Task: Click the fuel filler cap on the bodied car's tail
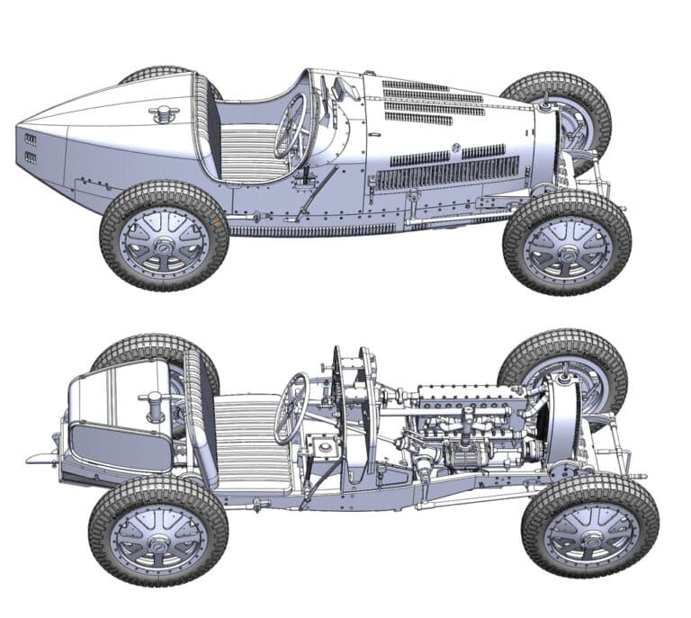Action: pyautogui.click(x=164, y=113)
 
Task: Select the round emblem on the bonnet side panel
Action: pyautogui.click(x=455, y=147)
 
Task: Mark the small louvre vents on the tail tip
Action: pyautogui.click(x=31, y=148)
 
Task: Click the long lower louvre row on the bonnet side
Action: pyautogui.click(x=447, y=174)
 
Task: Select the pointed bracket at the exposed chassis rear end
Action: pyautogui.click(x=40, y=458)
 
